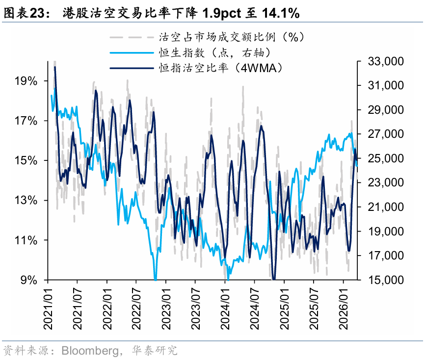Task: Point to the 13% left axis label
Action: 26,201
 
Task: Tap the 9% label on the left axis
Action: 29,280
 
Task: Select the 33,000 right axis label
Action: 386,61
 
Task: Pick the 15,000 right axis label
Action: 386,280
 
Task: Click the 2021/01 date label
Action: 48,309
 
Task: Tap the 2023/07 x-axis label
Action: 196,309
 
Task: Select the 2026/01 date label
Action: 344,309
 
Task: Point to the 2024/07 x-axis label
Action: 255,309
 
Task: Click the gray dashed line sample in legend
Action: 132,37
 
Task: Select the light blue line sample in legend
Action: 132,52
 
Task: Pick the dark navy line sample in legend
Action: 132,68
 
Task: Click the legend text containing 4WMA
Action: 221,68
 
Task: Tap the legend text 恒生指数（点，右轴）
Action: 215,52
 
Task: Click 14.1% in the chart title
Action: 281,13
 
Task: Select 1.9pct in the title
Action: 222,13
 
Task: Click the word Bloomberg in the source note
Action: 90,351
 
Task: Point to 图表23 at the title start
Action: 24,13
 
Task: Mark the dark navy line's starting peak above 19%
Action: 55,67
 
